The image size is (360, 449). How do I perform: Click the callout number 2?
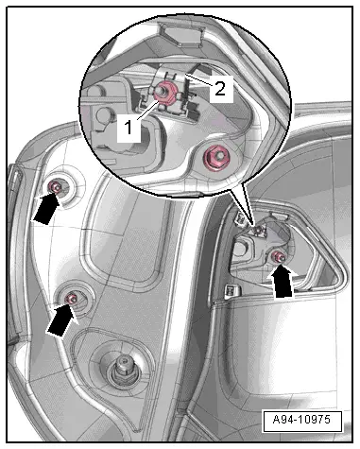[x=218, y=89]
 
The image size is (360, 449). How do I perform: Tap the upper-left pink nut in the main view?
[x=56, y=189]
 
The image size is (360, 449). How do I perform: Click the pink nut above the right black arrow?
[x=279, y=257]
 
